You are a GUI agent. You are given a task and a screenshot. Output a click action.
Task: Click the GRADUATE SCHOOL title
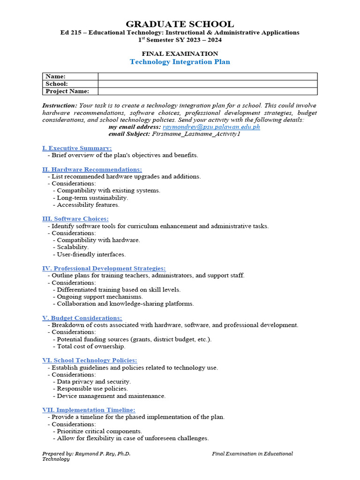click(180, 24)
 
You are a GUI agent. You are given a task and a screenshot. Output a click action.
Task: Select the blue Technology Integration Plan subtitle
click(180, 62)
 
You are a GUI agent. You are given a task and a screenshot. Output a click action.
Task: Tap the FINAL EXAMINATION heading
click(180, 53)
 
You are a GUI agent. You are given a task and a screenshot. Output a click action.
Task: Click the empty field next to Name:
click(207, 76)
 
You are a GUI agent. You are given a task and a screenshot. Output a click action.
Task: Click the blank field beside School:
click(207, 84)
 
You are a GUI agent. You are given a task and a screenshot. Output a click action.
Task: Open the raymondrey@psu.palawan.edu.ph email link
click(211, 127)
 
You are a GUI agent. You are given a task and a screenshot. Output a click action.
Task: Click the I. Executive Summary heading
click(77, 148)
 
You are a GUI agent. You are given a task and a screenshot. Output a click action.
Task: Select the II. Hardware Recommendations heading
click(92, 169)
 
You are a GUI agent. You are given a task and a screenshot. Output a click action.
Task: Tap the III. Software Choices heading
click(75, 219)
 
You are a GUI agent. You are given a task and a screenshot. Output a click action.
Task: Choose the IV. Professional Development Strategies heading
click(104, 268)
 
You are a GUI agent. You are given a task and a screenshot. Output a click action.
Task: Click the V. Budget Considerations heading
click(82, 318)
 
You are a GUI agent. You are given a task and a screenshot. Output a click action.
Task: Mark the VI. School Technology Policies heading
click(90, 360)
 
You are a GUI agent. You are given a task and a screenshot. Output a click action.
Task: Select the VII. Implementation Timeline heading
click(89, 410)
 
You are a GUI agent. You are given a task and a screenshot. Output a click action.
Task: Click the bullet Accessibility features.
click(88, 205)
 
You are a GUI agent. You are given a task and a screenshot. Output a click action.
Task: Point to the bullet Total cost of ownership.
click(91, 346)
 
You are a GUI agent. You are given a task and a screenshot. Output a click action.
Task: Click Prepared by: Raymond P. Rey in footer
click(86, 454)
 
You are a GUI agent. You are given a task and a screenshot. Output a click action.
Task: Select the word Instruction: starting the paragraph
click(60, 106)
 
